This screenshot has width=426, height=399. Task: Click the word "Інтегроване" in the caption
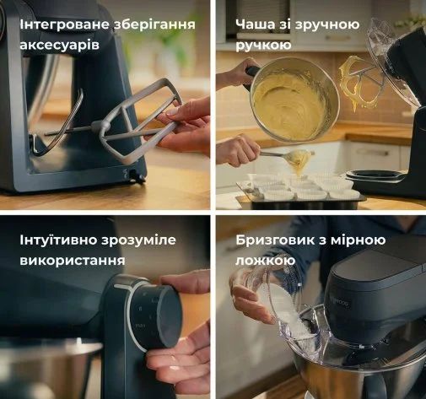coord(64,24)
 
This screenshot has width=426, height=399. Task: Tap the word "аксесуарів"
coord(60,45)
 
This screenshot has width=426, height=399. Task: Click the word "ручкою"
coord(263,46)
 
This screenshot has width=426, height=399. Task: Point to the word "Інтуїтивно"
coord(58,240)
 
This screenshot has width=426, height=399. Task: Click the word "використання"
coord(73,261)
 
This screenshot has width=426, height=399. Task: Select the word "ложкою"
coord(265,261)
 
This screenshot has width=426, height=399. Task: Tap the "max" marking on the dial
coord(140,326)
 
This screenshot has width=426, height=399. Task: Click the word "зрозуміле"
coord(138,240)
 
